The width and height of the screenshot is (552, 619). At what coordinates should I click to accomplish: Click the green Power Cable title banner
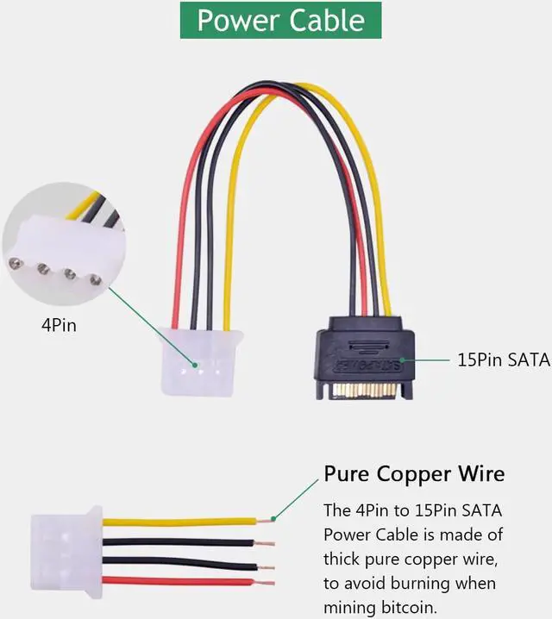coord(280,19)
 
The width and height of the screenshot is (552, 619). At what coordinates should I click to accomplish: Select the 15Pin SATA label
coord(503,359)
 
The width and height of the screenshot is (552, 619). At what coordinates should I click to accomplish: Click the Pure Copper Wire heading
coord(414,474)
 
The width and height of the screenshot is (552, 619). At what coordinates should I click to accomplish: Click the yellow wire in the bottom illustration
coord(172,522)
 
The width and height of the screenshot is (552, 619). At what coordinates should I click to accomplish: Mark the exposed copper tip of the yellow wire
coord(264,521)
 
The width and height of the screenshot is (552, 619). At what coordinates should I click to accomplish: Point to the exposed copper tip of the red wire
coord(264,582)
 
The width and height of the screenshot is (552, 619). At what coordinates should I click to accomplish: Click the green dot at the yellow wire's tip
coord(273,518)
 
